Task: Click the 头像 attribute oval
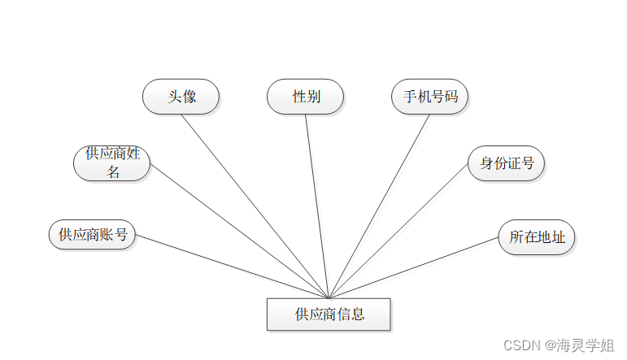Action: [x=181, y=97]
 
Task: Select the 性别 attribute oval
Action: [x=306, y=97]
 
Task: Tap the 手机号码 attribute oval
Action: [x=430, y=97]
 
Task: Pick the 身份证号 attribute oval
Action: [x=507, y=163]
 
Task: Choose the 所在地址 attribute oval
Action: [x=538, y=237]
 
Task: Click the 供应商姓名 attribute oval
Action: [x=112, y=163]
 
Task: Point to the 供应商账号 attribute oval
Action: [x=92, y=235]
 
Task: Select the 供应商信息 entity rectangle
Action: [x=329, y=314]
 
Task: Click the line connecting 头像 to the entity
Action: [x=255, y=206]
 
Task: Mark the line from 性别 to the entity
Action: [x=317, y=206]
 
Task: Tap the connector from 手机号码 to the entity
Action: [x=379, y=206]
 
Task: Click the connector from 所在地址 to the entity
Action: [x=413, y=269]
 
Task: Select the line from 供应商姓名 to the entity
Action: [x=240, y=232]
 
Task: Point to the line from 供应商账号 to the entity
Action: [x=232, y=267]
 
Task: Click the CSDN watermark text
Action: [x=559, y=345]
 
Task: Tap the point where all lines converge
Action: [x=329, y=297]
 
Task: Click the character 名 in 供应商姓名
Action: [x=113, y=171]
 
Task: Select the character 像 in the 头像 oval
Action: [x=189, y=97]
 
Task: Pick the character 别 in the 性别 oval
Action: [x=313, y=97]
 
